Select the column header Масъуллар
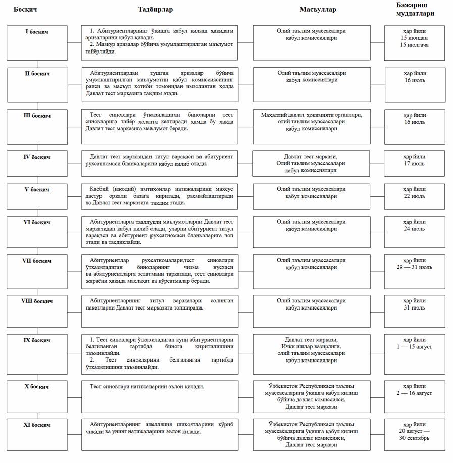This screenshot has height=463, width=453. (x=318, y=10)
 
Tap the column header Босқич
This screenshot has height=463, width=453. (x=25, y=10)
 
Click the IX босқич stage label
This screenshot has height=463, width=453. (x=37, y=340)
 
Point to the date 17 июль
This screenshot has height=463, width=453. (x=414, y=164)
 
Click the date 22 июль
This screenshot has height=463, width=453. (x=414, y=196)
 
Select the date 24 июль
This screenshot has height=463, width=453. (x=414, y=229)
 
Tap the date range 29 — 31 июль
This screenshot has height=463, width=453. (x=414, y=267)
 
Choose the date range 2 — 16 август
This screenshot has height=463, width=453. (x=414, y=393)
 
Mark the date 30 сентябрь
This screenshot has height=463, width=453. (x=414, y=438)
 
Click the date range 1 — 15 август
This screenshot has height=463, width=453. (x=414, y=347)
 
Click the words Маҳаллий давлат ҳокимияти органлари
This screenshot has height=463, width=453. (x=311, y=115)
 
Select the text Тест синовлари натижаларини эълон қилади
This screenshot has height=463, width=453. (x=146, y=386)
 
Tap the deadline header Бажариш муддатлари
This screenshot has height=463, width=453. (x=415, y=9)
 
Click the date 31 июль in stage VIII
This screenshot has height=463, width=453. (x=414, y=307)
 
